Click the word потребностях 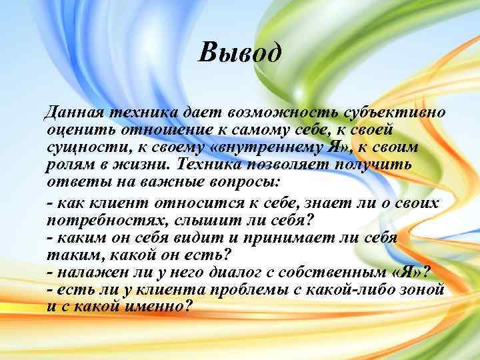tap(95, 219)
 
